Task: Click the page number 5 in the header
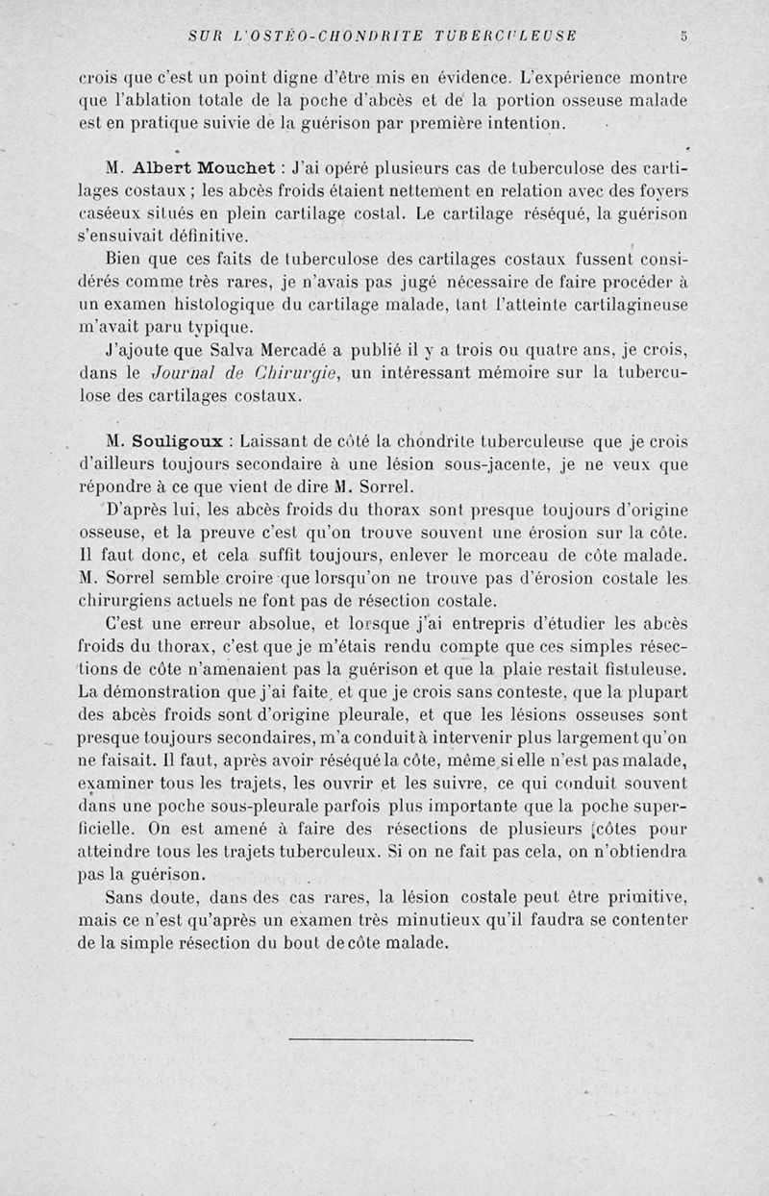pos(683,37)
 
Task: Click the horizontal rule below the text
pos(381,1039)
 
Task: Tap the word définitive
pos(205,236)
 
